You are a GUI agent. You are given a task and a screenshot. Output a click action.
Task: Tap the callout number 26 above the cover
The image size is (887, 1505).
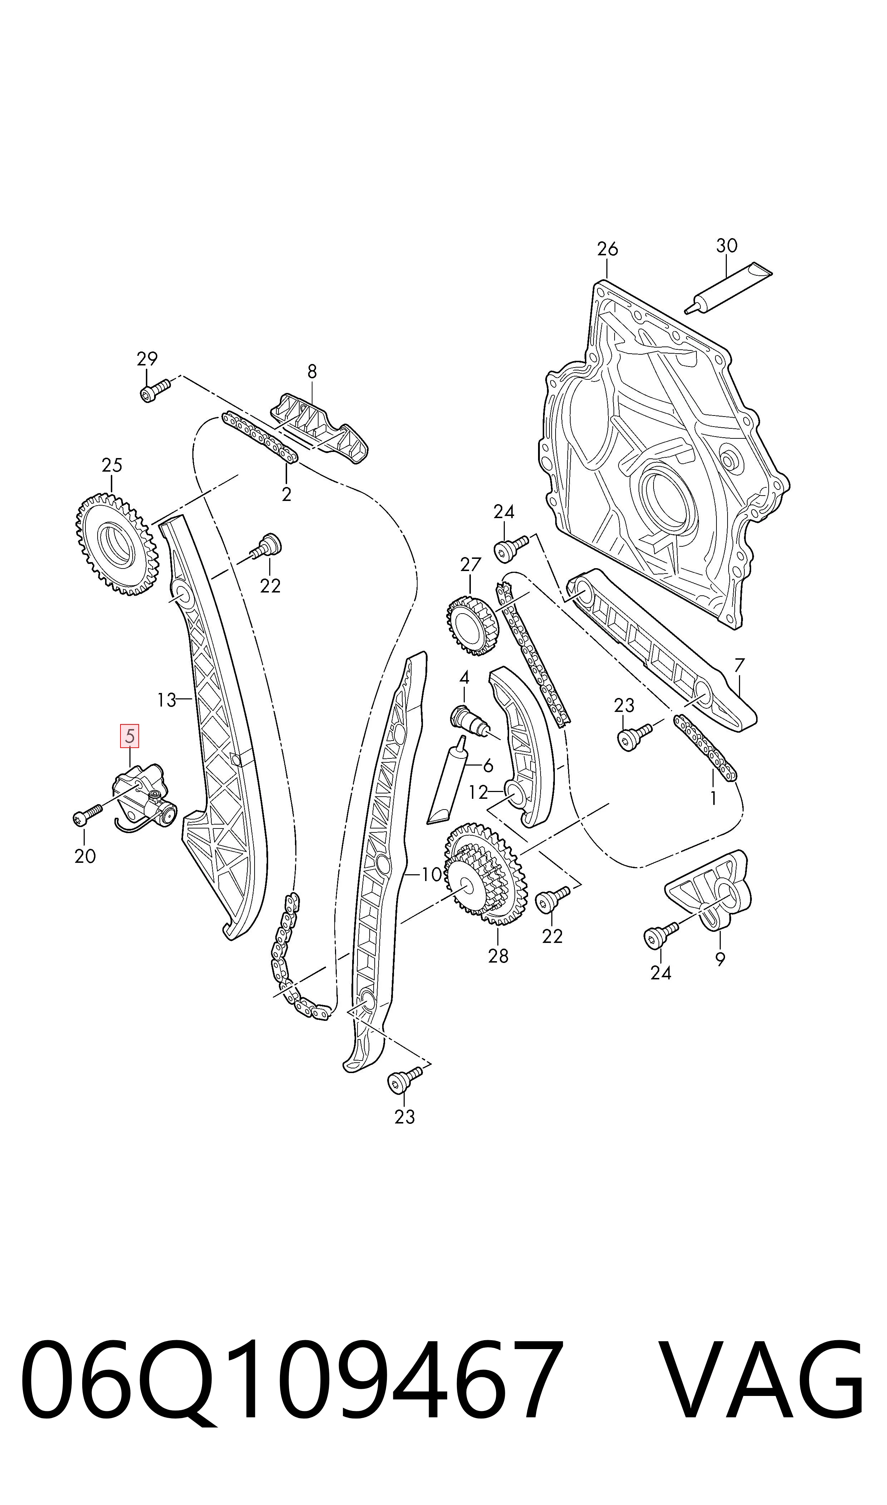pos(607,249)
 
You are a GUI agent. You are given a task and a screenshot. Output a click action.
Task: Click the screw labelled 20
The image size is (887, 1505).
pos(87,814)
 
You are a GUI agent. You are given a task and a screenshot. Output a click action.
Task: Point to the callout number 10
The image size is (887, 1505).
pos(431,874)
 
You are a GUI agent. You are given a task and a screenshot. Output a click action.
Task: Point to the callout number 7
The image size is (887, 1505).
pos(739,665)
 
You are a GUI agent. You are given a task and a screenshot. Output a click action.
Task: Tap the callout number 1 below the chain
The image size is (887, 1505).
pos(713,798)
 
